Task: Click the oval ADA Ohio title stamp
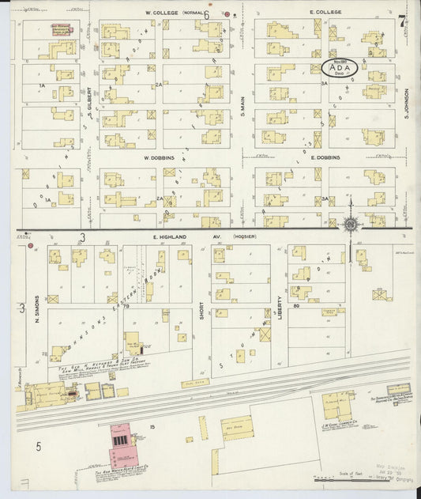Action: click(340, 68)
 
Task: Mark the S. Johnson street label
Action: click(404, 98)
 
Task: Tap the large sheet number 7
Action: click(403, 21)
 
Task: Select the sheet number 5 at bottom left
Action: click(37, 447)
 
